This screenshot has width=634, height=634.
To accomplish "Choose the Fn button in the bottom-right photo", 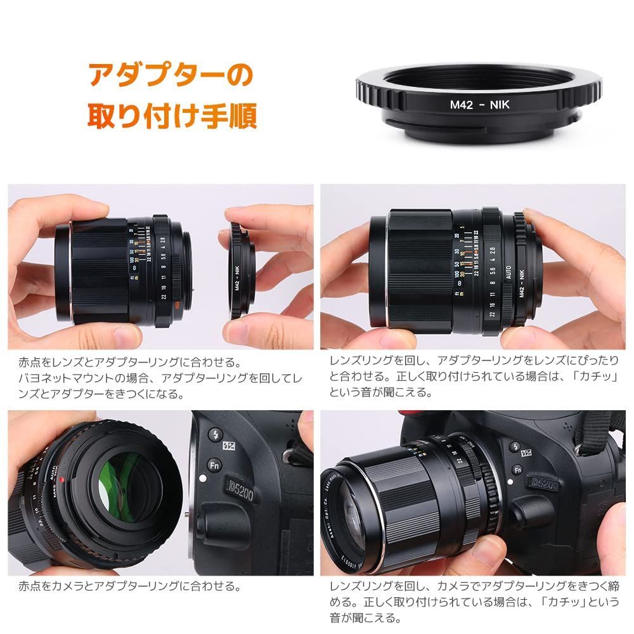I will click(x=517, y=470).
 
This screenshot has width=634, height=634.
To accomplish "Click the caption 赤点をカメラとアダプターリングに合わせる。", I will click(x=130, y=586).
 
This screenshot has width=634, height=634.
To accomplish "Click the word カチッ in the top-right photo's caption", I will click(x=591, y=377).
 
